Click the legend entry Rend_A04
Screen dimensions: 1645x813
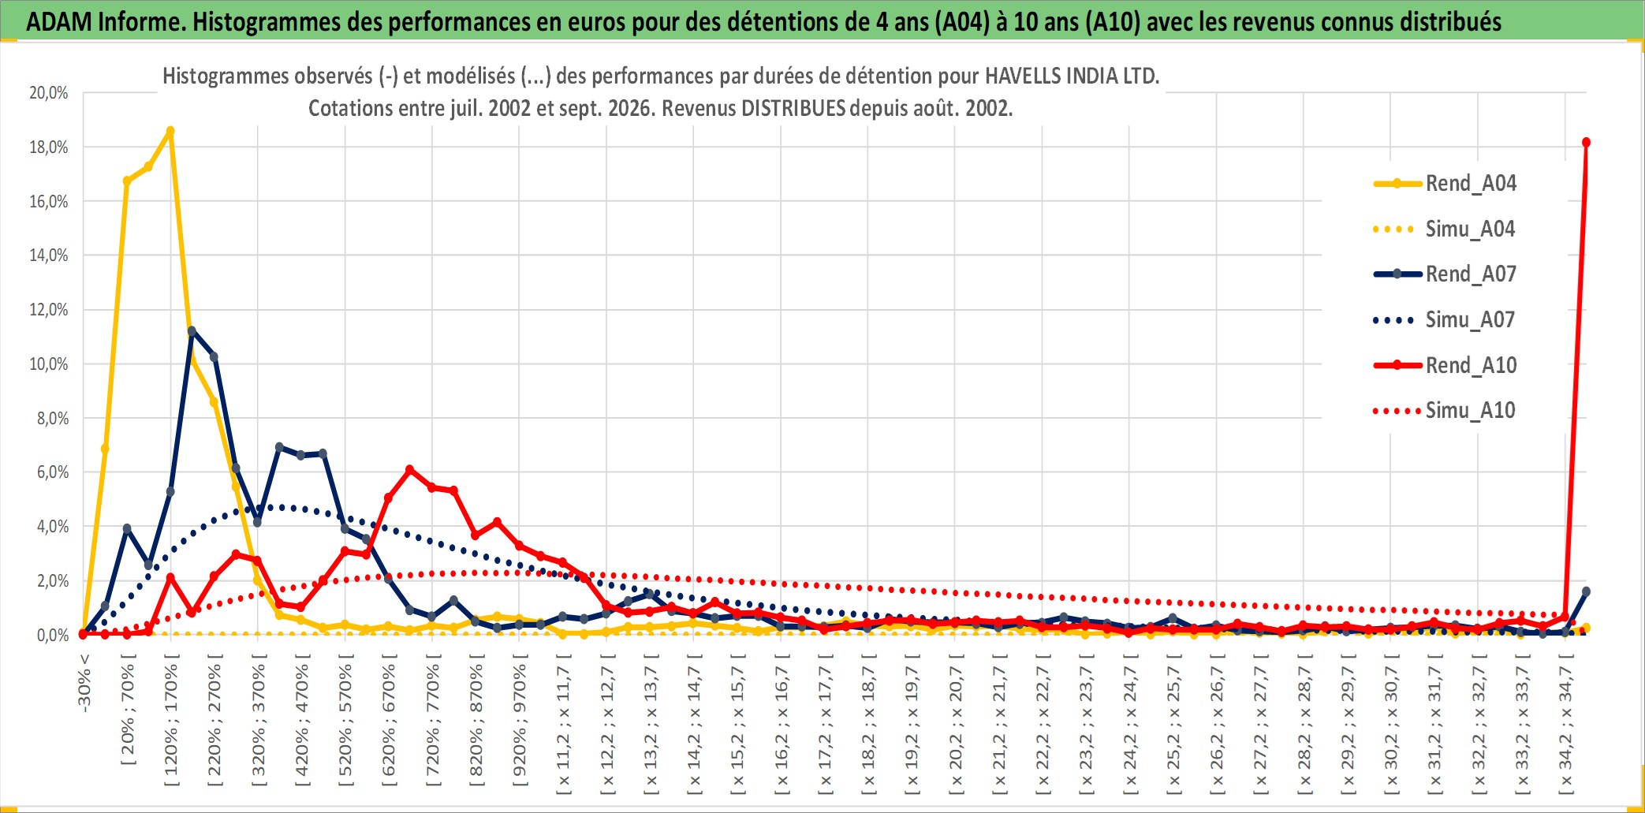[x=1445, y=184]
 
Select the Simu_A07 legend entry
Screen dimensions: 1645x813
[x=1445, y=320]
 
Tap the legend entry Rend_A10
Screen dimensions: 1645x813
[x=1445, y=365]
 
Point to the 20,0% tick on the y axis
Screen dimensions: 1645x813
[x=49, y=93]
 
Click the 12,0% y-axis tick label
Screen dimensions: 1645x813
[x=49, y=310]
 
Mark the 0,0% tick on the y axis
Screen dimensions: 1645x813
[x=53, y=635]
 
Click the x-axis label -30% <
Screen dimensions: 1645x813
[x=84, y=682]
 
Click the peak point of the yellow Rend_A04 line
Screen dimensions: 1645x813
[x=170, y=131]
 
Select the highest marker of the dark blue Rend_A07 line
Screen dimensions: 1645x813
[x=192, y=331]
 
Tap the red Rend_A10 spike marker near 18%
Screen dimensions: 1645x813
[x=1586, y=143]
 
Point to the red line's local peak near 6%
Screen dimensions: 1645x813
[x=409, y=470]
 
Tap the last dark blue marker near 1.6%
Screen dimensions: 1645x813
[x=1586, y=591]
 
